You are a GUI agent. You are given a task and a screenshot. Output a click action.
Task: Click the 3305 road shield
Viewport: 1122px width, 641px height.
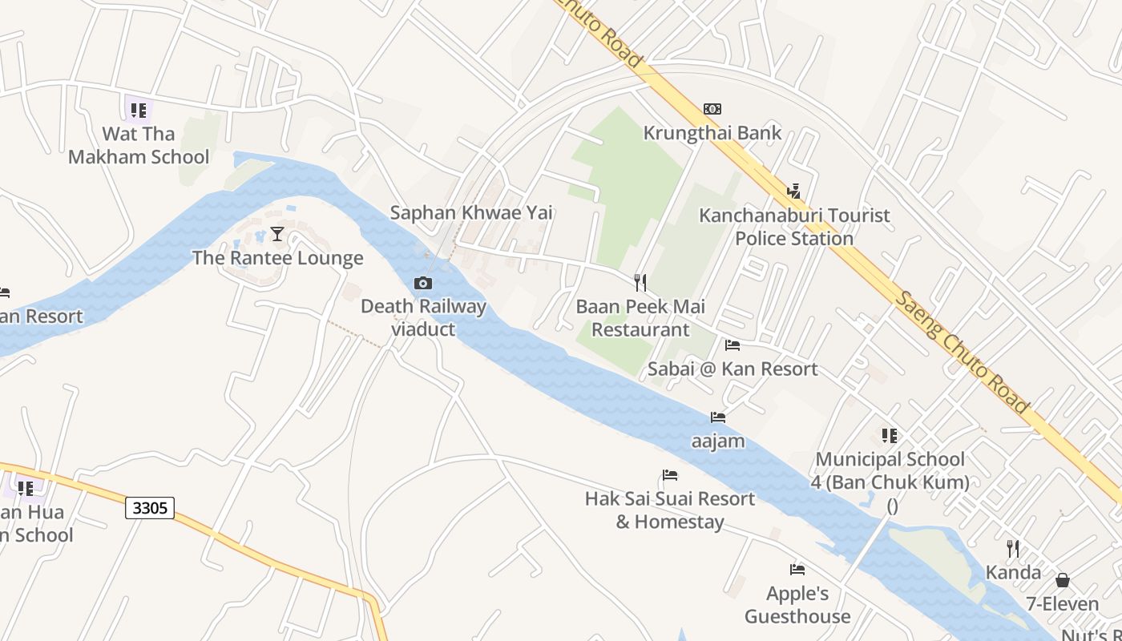tap(150, 507)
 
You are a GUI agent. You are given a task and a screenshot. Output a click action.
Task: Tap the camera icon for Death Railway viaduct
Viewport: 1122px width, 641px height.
tap(423, 283)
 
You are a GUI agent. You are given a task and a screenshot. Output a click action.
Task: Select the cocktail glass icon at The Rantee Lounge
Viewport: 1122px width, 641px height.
tap(277, 234)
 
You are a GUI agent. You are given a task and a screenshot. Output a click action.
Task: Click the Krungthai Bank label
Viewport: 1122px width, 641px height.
tap(712, 132)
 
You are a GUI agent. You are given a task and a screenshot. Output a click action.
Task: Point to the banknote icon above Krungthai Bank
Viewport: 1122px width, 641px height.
tap(712, 109)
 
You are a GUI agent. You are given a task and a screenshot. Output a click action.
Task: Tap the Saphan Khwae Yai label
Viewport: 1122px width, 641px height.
tap(471, 212)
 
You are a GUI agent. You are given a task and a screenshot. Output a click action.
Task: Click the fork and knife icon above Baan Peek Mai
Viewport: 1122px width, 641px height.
tap(640, 282)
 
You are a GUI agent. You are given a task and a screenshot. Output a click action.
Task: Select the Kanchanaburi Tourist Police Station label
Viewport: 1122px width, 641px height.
tap(794, 227)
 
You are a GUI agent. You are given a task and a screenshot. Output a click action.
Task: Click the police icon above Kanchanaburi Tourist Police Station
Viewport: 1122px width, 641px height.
tap(793, 191)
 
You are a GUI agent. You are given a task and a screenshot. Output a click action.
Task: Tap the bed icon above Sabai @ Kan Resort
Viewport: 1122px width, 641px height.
tap(733, 345)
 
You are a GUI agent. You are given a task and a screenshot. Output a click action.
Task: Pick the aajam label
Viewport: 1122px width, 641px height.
tap(718, 441)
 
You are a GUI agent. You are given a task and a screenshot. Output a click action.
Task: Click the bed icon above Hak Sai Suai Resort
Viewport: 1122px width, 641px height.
tap(670, 475)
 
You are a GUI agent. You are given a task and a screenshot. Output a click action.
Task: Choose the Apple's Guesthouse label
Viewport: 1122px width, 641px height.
tap(797, 605)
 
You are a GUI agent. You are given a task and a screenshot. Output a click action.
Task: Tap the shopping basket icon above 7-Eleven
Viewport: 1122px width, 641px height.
tap(1063, 580)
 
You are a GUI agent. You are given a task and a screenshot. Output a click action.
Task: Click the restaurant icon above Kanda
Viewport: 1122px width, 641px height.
tap(1013, 549)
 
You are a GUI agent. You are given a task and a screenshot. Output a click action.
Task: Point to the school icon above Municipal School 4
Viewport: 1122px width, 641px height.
tap(890, 436)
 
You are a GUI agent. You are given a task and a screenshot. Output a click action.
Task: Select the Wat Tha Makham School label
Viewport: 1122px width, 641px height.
tap(139, 145)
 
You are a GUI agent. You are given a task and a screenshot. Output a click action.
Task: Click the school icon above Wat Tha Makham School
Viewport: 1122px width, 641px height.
tap(139, 110)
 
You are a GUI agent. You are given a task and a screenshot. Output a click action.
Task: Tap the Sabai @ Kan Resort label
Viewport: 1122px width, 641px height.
tap(733, 369)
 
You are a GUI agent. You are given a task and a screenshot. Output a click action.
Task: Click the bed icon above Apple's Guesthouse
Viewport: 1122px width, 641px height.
tap(797, 570)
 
